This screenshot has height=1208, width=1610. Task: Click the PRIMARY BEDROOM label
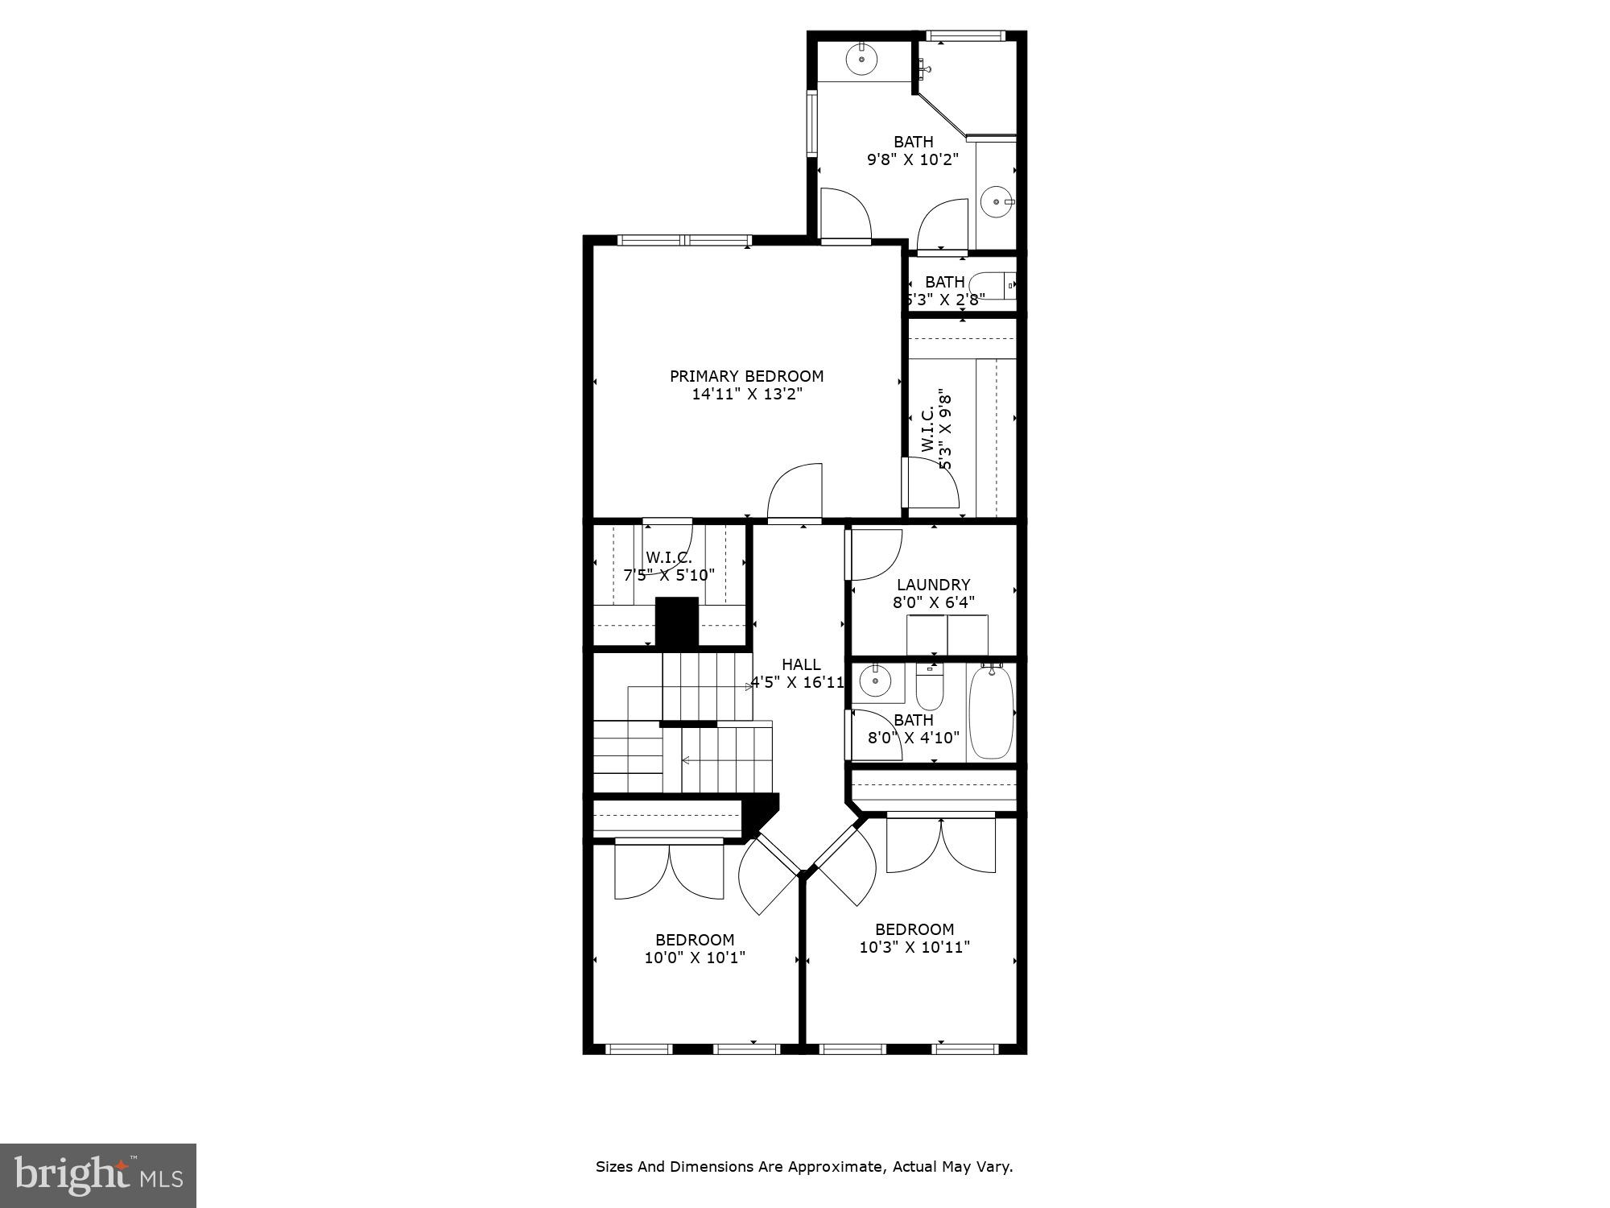(746, 376)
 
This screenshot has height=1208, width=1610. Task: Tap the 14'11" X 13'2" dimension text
(747, 395)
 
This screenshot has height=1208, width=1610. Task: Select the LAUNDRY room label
(933, 585)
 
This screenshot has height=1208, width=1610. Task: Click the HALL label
(801, 664)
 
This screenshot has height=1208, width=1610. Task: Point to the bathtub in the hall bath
(990, 713)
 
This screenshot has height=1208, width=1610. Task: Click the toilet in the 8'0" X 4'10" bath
(929, 687)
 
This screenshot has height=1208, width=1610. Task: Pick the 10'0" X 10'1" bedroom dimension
(695, 958)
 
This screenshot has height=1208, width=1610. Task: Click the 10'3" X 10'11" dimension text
(914, 947)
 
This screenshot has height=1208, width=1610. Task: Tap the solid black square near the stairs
(676, 621)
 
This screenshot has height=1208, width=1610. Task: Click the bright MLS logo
(98, 1176)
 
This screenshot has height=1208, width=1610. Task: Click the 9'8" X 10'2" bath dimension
(913, 159)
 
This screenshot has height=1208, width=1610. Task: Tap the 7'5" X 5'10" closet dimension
(669, 575)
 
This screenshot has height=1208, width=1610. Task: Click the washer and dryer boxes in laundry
(947, 635)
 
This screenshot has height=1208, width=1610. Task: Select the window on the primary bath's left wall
(812, 122)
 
